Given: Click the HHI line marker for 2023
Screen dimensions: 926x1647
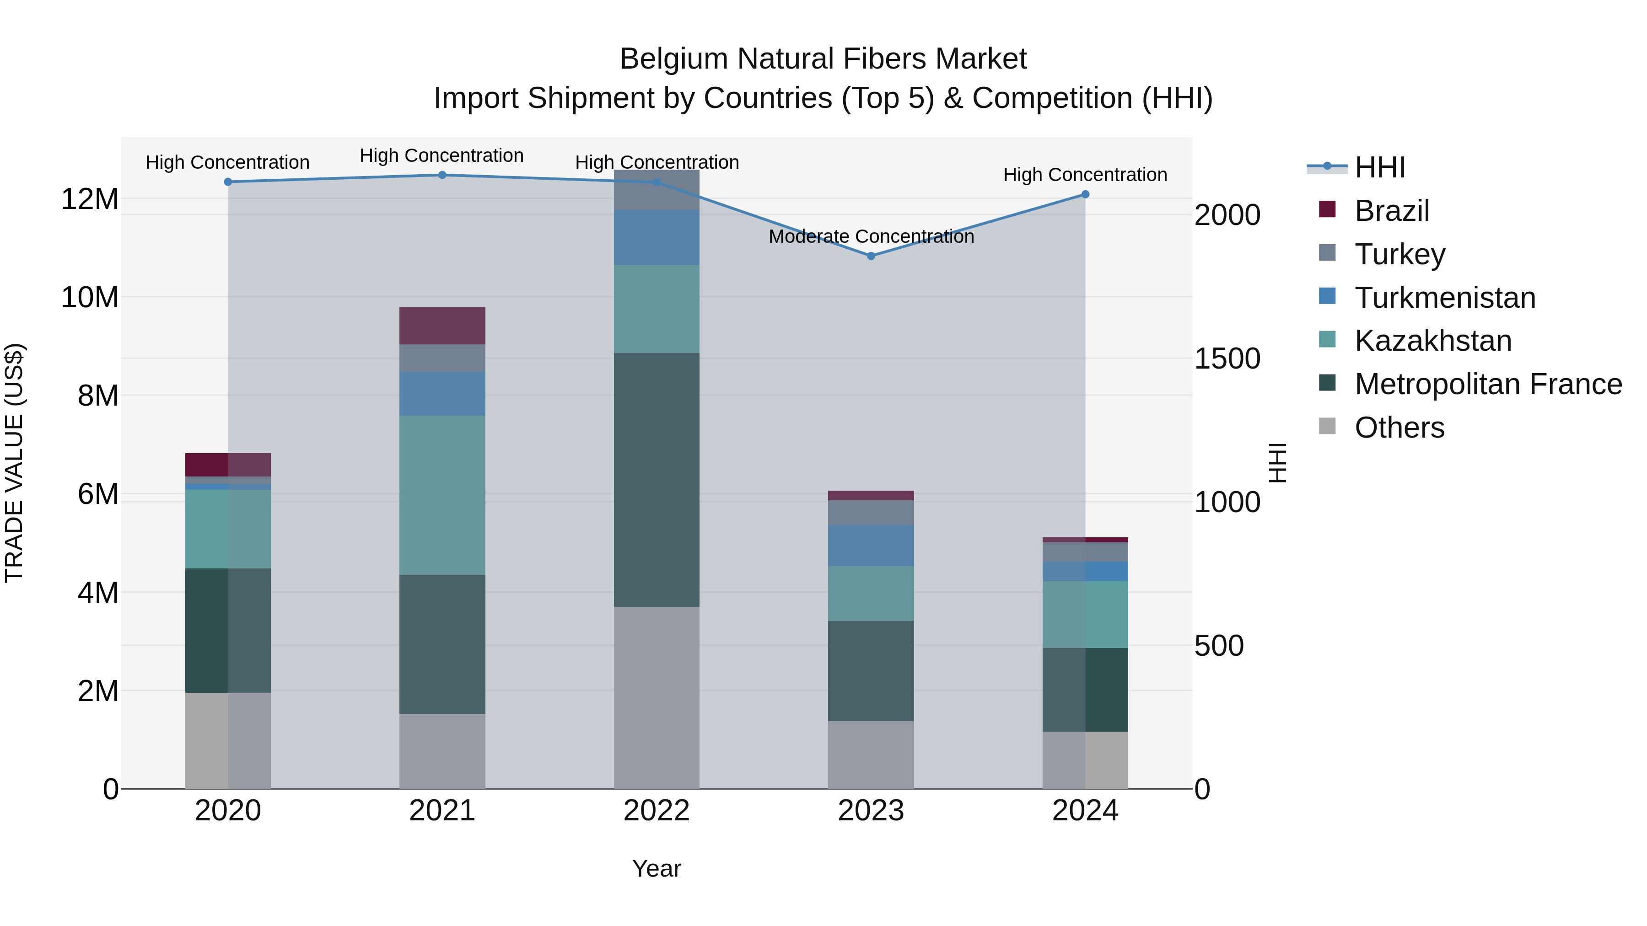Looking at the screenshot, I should [x=871, y=256].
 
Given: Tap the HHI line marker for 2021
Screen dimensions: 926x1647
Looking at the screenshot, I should [x=442, y=175].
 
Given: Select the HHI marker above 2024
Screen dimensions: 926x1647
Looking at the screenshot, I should [x=1085, y=194].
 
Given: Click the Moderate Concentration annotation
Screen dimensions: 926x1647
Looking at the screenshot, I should [x=871, y=236].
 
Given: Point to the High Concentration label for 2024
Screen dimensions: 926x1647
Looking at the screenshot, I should [x=1085, y=175].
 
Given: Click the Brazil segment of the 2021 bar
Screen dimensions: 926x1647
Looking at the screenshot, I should [x=442, y=325].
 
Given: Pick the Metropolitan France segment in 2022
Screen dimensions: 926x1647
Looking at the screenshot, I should [x=656, y=479].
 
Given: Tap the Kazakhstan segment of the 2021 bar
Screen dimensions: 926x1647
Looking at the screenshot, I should [x=442, y=495].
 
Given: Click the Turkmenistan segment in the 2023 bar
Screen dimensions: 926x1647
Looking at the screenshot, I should [x=871, y=545].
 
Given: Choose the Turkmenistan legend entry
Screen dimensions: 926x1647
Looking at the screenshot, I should [x=1444, y=298].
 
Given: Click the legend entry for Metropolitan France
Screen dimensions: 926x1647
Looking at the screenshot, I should [x=1488, y=384].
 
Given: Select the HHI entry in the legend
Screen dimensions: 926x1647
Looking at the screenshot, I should [x=1380, y=167].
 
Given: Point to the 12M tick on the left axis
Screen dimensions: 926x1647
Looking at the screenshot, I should [x=90, y=199].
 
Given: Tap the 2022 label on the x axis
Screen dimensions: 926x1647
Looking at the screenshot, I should [x=656, y=811].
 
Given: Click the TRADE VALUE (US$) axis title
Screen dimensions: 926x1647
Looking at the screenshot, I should [x=14, y=463].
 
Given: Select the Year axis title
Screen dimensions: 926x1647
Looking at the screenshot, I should [x=656, y=868].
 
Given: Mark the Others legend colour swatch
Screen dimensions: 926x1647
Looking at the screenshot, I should [x=1327, y=426].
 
